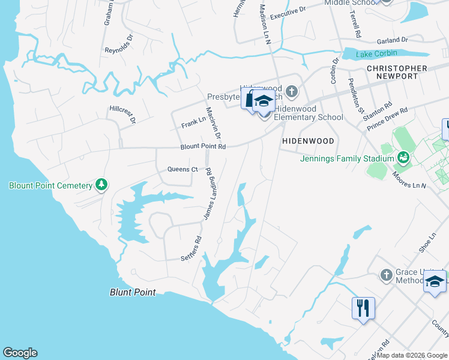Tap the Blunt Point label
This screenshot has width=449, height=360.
(x=133, y=292)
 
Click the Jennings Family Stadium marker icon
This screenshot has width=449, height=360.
(x=403, y=158)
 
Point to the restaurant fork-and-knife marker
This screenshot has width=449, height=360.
(x=363, y=308)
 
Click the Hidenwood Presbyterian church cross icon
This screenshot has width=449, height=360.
(x=292, y=92)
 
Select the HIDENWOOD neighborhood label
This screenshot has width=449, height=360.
(x=308, y=141)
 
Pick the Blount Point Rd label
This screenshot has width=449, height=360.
(x=203, y=146)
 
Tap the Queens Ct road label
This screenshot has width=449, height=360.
(x=182, y=170)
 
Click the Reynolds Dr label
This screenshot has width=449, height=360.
(x=118, y=50)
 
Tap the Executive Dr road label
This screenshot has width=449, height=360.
(x=288, y=13)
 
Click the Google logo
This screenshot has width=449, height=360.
(x=20, y=353)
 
